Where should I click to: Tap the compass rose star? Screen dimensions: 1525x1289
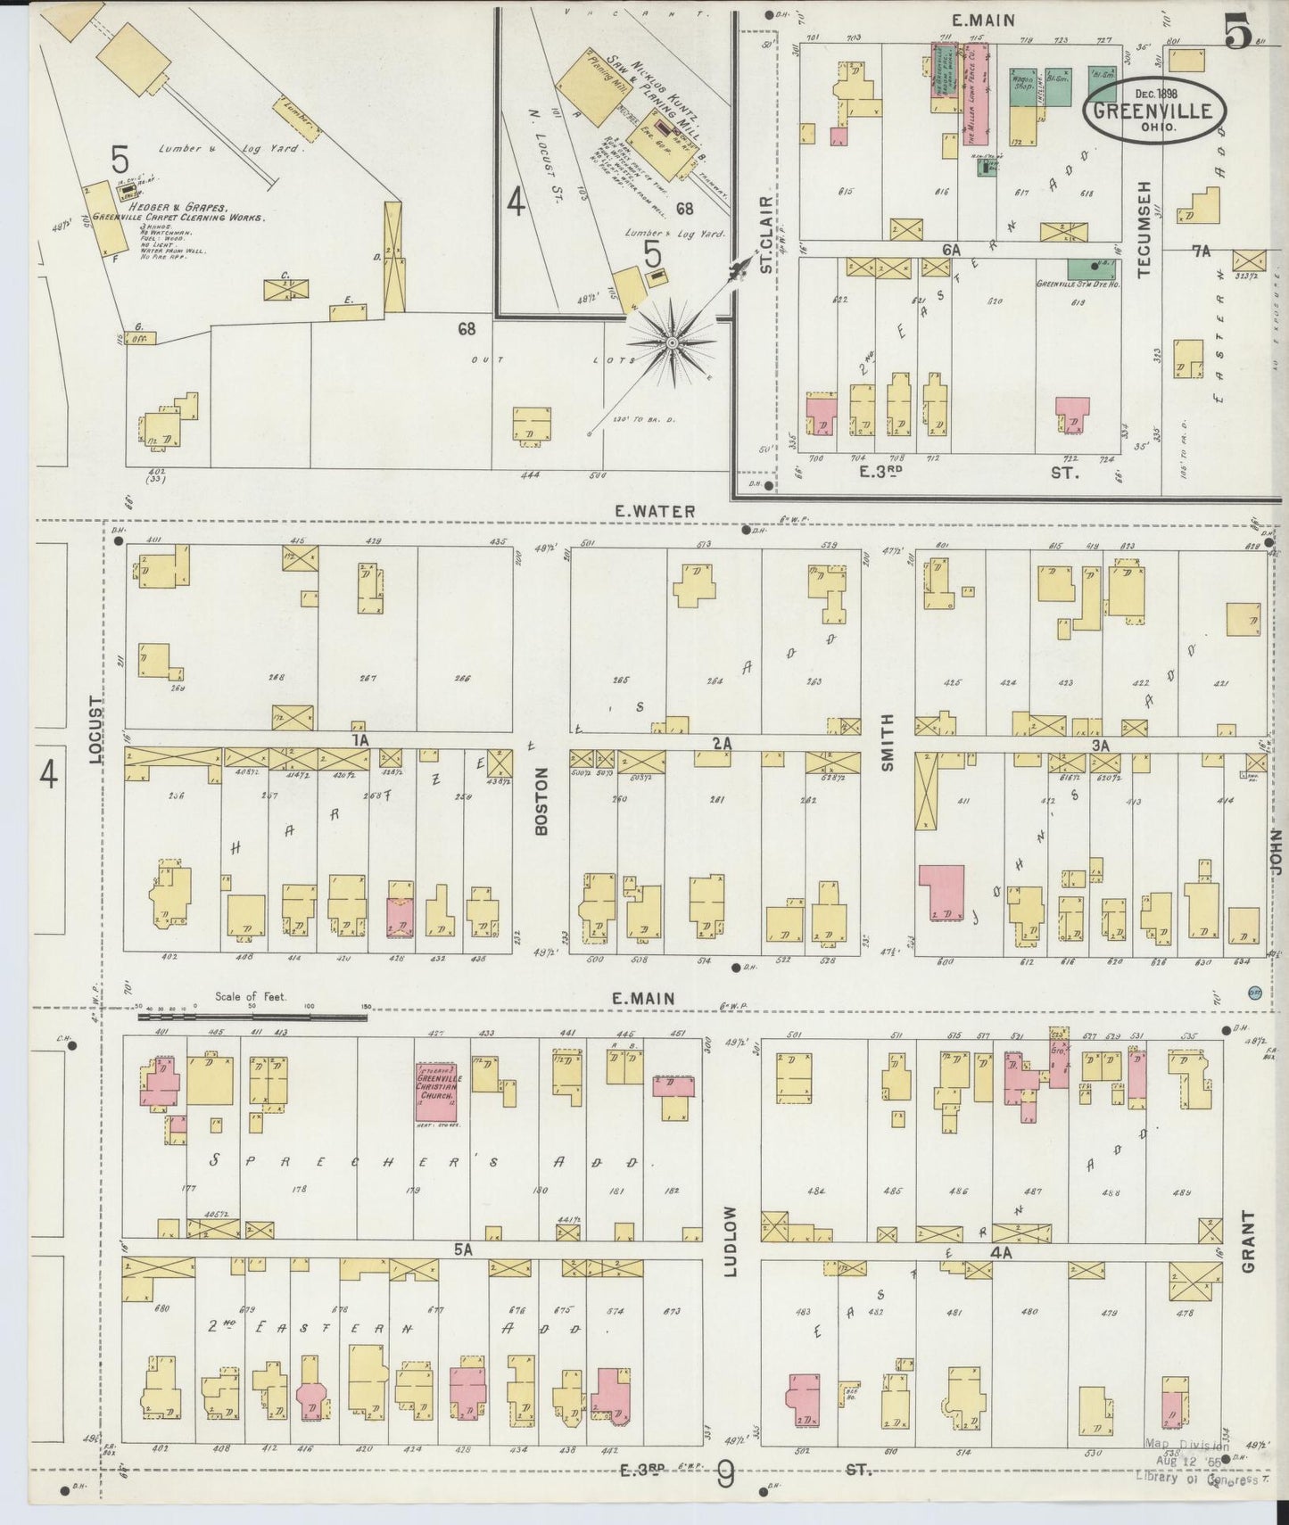pyautogui.click(x=671, y=343)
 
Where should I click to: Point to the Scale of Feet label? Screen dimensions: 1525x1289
pyautogui.click(x=251, y=996)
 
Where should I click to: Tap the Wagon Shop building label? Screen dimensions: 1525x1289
pyautogui.click(x=1021, y=82)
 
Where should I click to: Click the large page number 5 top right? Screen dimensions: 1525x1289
pyautogui.click(x=1237, y=33)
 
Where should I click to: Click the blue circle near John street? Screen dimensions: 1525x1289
pyautogui.click(x=1254, y=994)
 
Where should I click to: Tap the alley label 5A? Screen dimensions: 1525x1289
pyautogui.click(x=462, y=1250)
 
